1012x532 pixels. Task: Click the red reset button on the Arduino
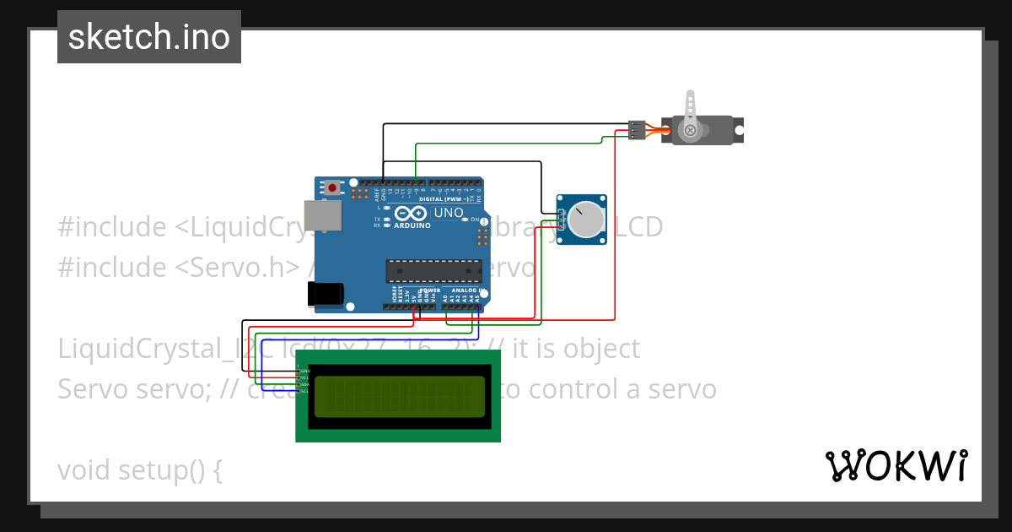pos(332,187)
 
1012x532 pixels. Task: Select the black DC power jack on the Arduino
pos(324,293)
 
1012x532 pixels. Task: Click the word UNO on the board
pos(449,213)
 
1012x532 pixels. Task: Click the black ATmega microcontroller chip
pos(432,270)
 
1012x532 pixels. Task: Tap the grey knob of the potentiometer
pos(585,220)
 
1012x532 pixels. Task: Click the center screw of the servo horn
pos(691,130)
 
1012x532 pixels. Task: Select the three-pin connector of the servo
pos(637,130)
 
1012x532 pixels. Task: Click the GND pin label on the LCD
pos(305,371)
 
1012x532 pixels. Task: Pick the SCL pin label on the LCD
pos(305,391)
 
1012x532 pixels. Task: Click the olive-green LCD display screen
pos(398,396)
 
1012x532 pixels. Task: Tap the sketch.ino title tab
pos(149,37)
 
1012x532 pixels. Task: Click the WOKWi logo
pos(896,466)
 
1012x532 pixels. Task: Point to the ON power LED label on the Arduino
pos(475,220)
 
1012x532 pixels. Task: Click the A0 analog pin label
pos(446,297)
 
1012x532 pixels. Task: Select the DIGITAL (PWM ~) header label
pos(454,199)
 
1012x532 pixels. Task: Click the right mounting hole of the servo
pos(738,131)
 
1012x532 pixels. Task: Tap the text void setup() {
pos(140,470)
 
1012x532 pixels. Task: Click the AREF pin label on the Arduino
pos(377,193)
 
